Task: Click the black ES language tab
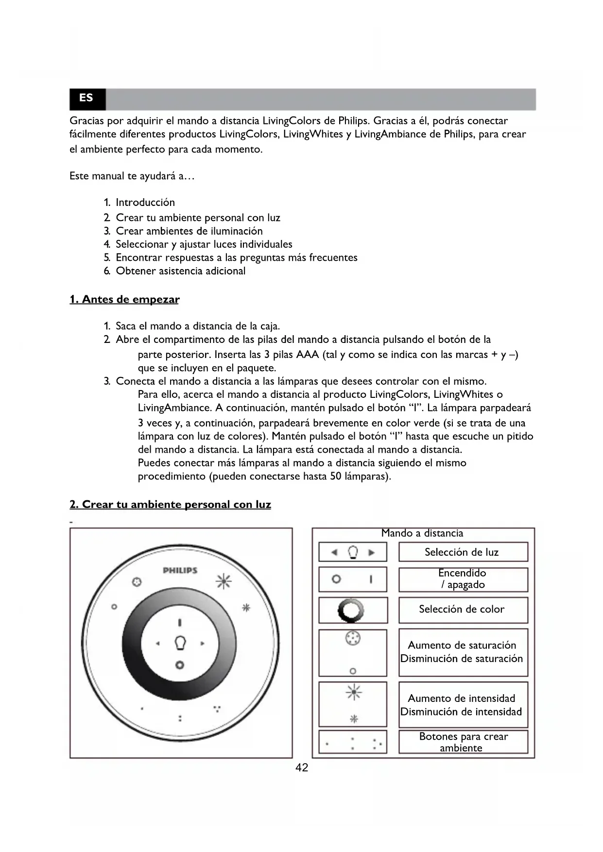(x=87, y=99)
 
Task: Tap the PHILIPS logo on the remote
(x=180, y=570)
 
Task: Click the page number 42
(x=302, y=767)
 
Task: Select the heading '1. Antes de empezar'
(x=124, y=299)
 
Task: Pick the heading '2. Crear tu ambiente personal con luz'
(x=170, y=504)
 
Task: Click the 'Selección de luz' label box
(x=463, y=552)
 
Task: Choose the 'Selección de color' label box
(x=463, y=609)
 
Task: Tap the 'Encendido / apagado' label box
(x=463, y=579)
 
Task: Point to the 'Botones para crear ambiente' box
(x=463, y=742)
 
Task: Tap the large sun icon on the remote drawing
(x=224, y=581)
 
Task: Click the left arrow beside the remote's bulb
(x=157, y=644)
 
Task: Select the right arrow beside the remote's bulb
(x=202, y=644)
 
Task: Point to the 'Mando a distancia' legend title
(x=422, y=533)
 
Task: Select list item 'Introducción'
(x=145, y=203)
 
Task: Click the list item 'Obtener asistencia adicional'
(x=180, y=271)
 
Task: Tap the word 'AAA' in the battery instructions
(x=307, y=355)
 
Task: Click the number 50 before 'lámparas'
(x=335, y=477)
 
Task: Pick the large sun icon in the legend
(x=353, y=692)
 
